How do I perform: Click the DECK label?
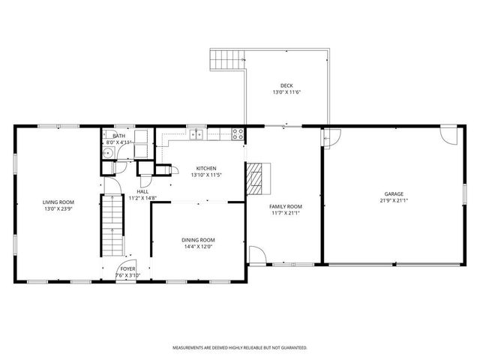pyautogui.click(x=286, y=85)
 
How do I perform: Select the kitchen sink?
pyautogui.click(x=196, y=135)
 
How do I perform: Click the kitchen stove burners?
pyautogui.click(x=238, y=135)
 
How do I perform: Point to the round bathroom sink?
pyautogui.click(x=109, y=153)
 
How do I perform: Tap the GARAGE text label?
pyautogui.click(x=394, y=193)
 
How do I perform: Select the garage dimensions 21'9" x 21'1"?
pyautogui.click(x=394, y=200)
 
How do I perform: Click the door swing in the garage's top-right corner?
pyautogui.click(x=448, y=136)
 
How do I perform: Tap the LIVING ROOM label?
pyautogui.click(x=58, y=202)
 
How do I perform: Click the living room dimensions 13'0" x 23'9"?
pyautogui.click(x=58, y=208)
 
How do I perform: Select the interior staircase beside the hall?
pyautogui.click(x=112, y=224)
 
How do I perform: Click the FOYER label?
pyautogui.click(x=128, y=268)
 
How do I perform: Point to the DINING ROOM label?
pyautogui.click(x=198, y=240)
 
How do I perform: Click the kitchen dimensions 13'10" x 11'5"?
pyautogui.click(x=206, y=175)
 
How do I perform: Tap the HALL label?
pyautogui.click(x=142, y=191)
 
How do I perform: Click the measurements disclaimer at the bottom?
pyautogui.click(x=240, y=348)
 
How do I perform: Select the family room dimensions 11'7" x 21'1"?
pyautogui.click(x=286, y=213)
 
